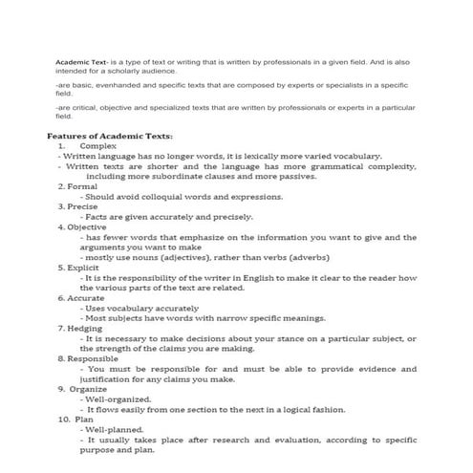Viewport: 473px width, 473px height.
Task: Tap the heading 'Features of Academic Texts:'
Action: point(110,137)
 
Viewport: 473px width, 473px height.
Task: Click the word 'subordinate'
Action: point(204,177)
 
